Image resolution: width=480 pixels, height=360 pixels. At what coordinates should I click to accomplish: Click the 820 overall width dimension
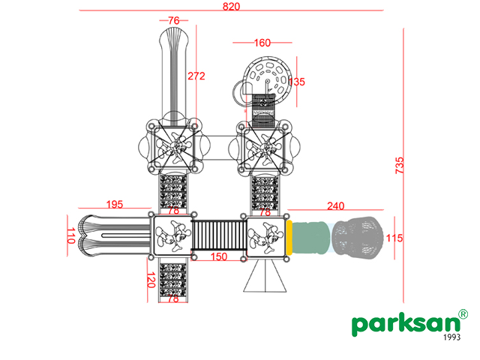click(x=231, y=7)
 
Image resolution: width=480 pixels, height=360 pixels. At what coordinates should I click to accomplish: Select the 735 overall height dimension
click(x=400, y=166)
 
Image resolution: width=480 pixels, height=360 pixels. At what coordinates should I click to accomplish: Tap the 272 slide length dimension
click(x=196, y=76)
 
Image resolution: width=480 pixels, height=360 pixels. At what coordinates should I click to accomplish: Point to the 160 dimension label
click(x=262, y=43)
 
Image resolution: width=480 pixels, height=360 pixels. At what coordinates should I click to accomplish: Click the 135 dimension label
click(x=297, y=82)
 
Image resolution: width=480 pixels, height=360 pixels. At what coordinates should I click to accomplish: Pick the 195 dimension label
click(x=115, y=204)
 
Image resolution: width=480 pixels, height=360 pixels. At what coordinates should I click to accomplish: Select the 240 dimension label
click(x=335, y=206)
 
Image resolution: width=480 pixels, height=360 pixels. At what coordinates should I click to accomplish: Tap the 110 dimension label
click(x=71, y=235)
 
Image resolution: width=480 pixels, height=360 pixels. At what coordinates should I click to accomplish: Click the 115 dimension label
click(x=394, y=238)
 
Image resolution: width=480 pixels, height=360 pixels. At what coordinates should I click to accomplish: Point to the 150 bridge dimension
click(x=219, y=256)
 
